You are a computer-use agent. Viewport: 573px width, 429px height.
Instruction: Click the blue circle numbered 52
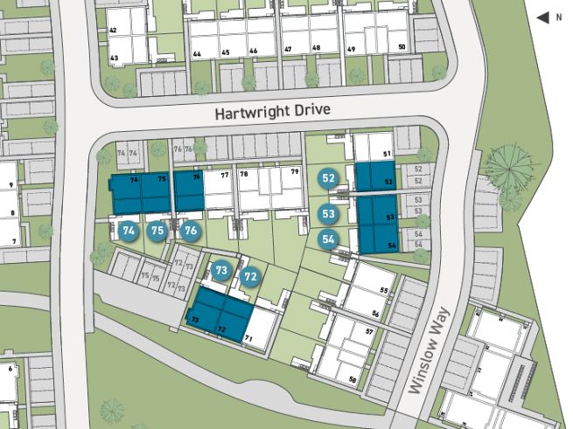329,178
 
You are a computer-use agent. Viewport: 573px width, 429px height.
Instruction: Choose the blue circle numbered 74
129,231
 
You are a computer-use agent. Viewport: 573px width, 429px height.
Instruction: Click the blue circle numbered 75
157,231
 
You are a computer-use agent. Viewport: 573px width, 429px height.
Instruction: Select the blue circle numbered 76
191,232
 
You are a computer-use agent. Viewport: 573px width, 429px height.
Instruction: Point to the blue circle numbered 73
221,270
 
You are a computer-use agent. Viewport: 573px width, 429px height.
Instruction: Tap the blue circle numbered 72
251,278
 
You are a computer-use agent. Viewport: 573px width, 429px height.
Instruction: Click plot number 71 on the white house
248,337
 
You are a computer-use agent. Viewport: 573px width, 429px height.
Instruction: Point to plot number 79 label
295,172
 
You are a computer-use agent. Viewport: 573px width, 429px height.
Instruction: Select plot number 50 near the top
402,48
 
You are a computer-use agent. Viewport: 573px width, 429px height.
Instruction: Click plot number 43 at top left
114,58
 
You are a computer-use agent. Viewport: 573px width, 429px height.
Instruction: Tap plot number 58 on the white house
353,379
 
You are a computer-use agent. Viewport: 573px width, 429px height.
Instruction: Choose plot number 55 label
383,290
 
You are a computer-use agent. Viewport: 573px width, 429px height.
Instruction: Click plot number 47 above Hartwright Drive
288,50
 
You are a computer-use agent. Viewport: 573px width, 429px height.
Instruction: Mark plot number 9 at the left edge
10,185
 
